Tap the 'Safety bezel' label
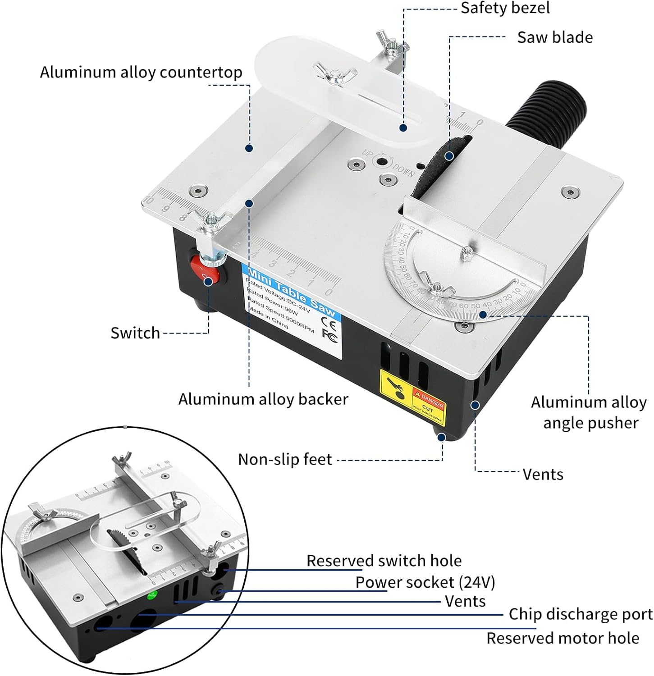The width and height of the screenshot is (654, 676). click(505, 8)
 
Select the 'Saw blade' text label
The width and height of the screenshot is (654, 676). click(555, 37)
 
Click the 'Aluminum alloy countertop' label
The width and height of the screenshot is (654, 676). click(141, 72)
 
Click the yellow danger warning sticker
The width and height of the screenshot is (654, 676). click(412, 396)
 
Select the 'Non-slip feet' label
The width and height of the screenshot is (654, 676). click(285, 459)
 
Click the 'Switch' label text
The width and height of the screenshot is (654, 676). click(135, 333)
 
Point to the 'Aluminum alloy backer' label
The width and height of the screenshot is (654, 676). click(263, 399)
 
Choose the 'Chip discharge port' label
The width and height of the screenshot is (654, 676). click(581, 614)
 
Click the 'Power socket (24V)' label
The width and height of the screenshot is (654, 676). click(425, 582)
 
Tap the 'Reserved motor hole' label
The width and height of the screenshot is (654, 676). click(563, 638)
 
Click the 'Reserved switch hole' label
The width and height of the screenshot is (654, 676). click(384, 561)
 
